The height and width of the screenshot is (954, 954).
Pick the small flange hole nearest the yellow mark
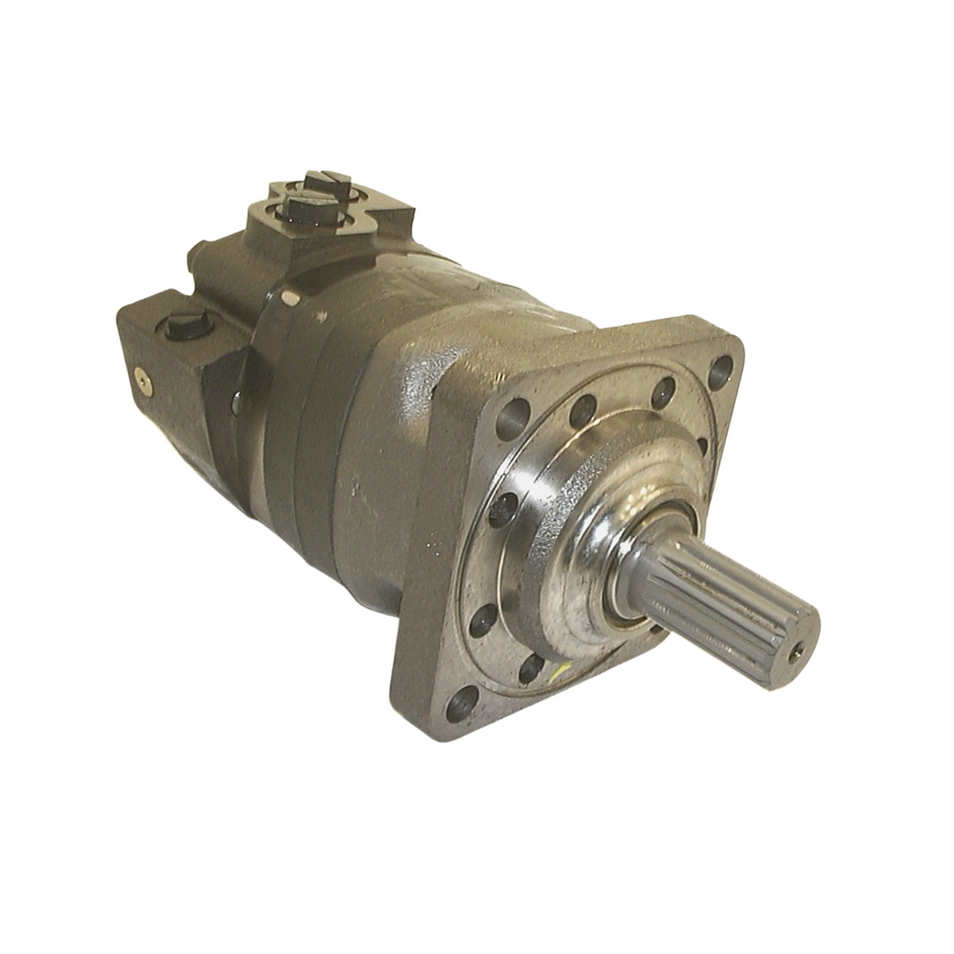pos(531,669)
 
